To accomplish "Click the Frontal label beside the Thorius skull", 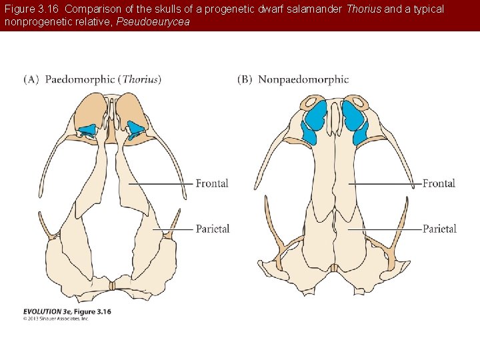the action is tap(212, 183).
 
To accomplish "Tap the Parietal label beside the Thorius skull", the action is tap(213, 229).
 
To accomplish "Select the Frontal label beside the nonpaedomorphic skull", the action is tap(439, 183).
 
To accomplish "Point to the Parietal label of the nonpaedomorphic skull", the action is tap(439, 229).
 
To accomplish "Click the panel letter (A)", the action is tap(31, 79).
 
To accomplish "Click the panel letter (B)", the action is tap(245, 79).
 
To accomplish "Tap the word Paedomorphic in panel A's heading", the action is tap(79, 79).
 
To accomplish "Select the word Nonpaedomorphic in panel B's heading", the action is tap(303, 79).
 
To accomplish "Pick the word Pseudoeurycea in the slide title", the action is tap(153, 21).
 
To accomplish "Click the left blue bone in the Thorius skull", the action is tap(87, 129).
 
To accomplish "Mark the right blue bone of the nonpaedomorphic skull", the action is tap(355, 121).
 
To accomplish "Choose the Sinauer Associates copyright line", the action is tap(56, 319).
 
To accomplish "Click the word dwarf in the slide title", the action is tap(276, 9).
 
